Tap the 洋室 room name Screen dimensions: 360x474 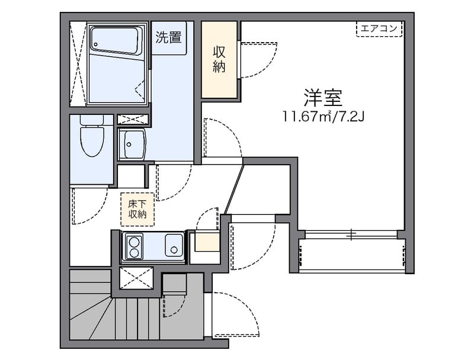click(324, 97)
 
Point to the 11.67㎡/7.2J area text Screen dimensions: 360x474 click(324, 115)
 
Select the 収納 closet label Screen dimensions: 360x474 click(219, 59)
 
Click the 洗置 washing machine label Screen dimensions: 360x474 click(168, 38)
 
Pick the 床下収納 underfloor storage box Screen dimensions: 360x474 click(137, 209)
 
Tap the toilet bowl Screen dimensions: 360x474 click(92, 140)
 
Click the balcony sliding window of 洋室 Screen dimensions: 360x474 click(351, 234)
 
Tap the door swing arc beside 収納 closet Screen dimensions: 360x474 click(258, 59)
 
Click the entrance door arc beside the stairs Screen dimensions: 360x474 click(235, 314)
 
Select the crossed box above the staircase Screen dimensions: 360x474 click(136, 278)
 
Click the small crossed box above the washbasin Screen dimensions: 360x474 click(133, 119)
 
